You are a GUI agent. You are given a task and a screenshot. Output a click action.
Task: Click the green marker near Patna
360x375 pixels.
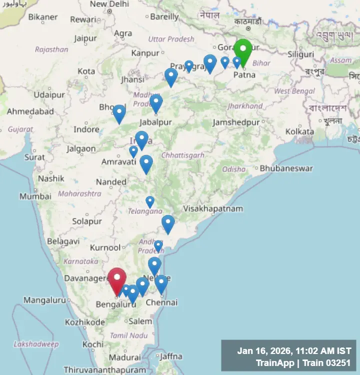point(243,51)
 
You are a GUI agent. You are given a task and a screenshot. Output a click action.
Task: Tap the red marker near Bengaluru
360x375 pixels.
point(117,279)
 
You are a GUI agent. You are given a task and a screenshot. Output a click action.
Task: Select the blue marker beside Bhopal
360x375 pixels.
point(119,112)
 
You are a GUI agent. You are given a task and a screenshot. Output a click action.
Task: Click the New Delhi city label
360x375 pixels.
point(109,4)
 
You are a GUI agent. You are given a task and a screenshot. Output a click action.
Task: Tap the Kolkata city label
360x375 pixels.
point(299,131)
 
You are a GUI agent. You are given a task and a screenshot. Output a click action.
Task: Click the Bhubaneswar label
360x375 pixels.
point(286,168)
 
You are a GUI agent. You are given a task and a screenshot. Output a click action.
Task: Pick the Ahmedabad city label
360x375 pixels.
point(30,111)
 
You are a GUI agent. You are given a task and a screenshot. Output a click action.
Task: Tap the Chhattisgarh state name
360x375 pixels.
point(183,155)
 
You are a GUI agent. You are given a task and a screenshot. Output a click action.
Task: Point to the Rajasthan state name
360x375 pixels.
point(51,49)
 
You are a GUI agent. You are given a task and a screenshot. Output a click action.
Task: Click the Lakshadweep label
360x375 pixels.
point(36,344)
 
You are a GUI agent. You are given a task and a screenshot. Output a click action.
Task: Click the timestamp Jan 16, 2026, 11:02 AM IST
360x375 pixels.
point(294,351)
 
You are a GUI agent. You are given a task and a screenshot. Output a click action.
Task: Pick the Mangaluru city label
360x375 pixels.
point(44,300)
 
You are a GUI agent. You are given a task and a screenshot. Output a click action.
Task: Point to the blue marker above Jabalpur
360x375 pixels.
point(156,102)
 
